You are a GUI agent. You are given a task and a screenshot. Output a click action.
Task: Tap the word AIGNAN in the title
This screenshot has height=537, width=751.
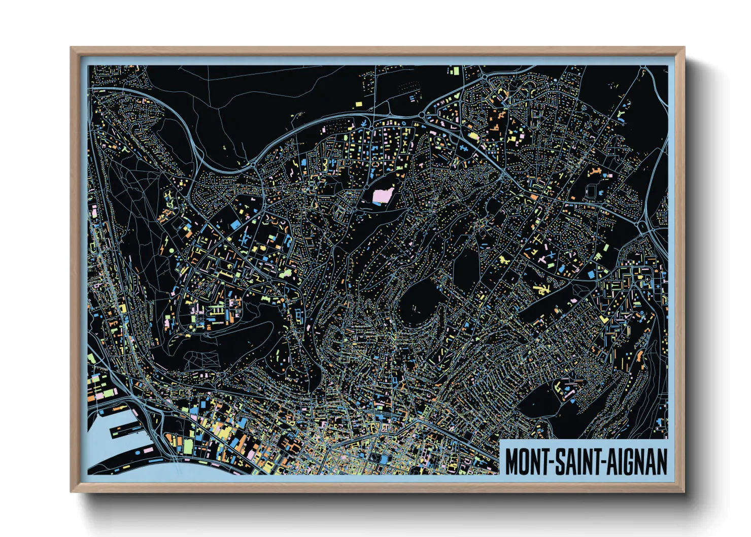(x=636, y=461)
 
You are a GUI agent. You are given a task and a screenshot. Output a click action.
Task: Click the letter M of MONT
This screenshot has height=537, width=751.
(x=512, y=461)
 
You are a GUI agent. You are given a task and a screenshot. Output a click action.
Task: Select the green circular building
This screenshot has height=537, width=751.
(x=171, y=251)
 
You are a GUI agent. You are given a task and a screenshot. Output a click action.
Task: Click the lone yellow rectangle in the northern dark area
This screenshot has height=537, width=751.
(x=359, y=104)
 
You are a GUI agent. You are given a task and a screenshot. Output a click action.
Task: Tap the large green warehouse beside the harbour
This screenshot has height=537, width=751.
(x=188, y=446)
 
